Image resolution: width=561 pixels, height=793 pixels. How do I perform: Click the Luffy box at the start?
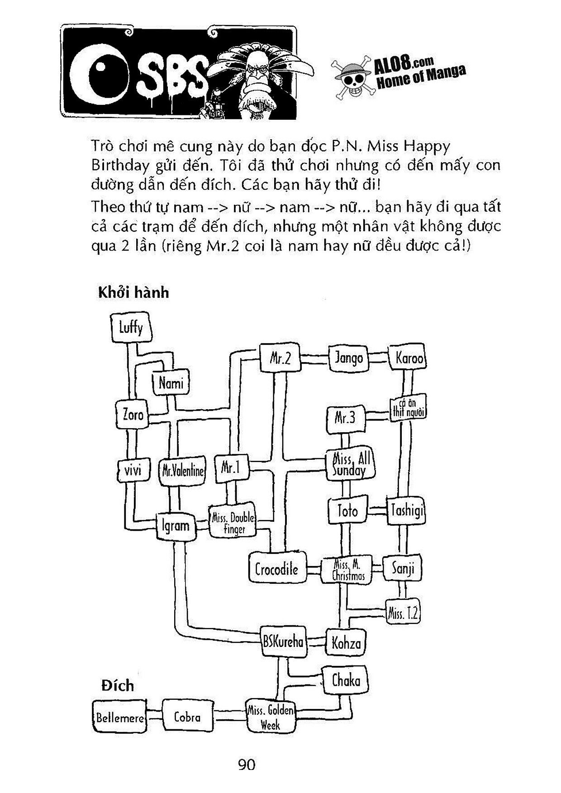click(131, 328)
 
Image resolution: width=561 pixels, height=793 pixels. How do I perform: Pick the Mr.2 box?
click(280, 358)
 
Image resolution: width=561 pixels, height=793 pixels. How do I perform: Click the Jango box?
click(348, 358)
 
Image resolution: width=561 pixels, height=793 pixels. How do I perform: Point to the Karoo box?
click(409, 358)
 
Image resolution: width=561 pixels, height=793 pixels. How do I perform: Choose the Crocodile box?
click(277, 568)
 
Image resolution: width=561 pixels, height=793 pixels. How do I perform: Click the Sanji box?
click(403, 568)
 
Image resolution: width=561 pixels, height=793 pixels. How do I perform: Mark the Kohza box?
click(346, 642)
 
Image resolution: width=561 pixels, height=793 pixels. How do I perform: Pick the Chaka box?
click(346, 680)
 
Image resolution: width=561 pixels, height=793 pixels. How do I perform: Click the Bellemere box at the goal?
click(120, 717)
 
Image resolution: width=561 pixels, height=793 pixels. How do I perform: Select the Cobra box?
click(187, 717)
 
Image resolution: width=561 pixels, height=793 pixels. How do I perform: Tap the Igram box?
click(176, 526)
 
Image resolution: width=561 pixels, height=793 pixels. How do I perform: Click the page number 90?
click(246, 765)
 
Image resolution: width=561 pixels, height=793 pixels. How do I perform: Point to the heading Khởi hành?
click(133, 293)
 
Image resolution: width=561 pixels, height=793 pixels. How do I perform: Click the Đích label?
click(118, 686)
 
